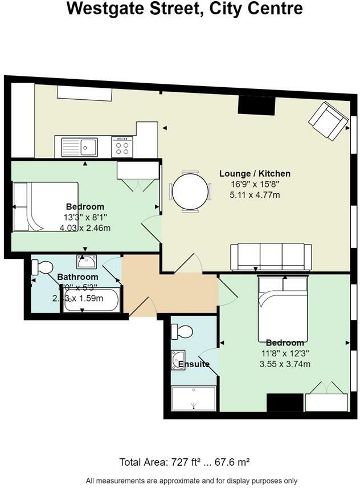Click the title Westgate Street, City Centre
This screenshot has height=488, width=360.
184,10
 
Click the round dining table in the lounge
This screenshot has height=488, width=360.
190,192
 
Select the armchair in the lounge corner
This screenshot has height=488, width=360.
328,120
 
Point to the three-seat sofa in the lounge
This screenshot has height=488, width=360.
271,257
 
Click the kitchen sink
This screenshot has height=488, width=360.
88,147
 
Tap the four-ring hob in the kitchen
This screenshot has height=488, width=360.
122,147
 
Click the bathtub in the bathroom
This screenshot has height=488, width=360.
92,300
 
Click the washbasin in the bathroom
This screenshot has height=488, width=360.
86,263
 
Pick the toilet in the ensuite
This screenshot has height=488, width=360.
183,331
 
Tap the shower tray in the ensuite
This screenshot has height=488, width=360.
194,398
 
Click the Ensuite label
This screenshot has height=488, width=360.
194,364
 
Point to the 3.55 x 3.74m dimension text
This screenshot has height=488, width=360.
284,364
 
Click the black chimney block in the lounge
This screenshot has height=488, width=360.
256,105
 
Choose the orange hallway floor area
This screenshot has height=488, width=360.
171,291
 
